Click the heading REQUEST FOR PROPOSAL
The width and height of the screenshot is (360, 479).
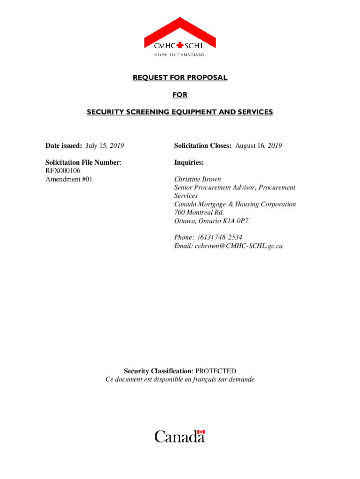pos(180,78)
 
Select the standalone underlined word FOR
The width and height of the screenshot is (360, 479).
pos(180,95)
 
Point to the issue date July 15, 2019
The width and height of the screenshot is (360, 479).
pos(104,145)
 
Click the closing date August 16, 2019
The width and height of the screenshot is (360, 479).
pos(259,145)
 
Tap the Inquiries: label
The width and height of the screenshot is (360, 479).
pos(189,162)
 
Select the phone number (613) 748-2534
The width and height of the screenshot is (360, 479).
pos(220,238)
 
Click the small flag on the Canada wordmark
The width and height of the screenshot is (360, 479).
pos(201,432)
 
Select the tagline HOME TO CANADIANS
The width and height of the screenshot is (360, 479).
pos(180,55)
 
